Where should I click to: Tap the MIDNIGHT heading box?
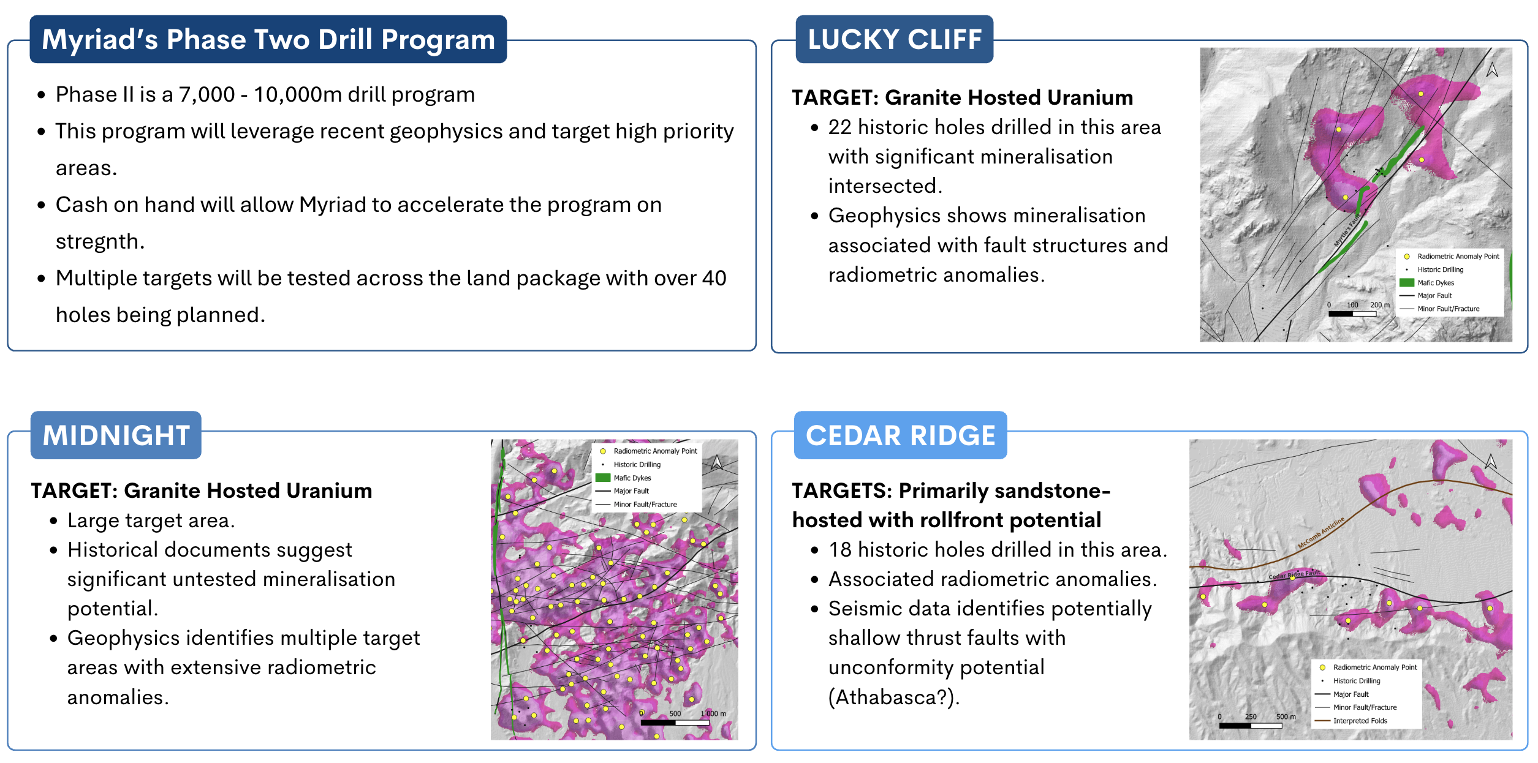coord(116,435)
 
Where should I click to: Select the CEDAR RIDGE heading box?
coord(900,435)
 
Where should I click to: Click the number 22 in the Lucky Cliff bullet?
coord(839,127)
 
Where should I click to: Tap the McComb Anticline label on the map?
coord(1320,533)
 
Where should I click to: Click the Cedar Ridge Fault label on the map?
coord(1294,575)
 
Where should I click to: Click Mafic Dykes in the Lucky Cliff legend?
coord(1435,283)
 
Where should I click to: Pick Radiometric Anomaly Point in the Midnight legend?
coord(654,451)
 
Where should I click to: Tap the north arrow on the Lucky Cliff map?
coord(1492,70)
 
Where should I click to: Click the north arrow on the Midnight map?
coord(716,462)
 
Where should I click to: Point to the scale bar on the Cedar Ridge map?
coord(1250,726)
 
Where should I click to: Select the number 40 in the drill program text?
coord(714,279)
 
